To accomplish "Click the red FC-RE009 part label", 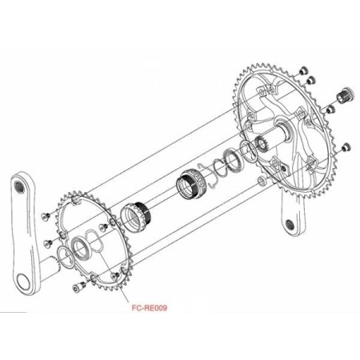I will tap(151, 305).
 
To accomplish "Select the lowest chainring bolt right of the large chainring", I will tap(346, 146).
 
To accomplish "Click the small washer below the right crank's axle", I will tap(262, 182).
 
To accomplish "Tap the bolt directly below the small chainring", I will tap(77, 287).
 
